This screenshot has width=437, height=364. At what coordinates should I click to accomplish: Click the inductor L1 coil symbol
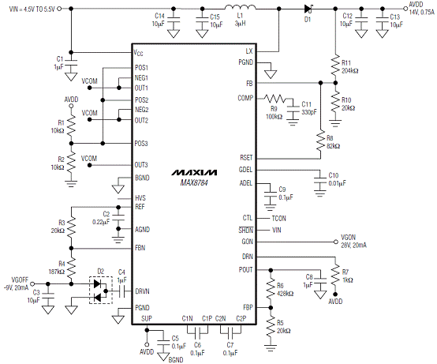[240, 7]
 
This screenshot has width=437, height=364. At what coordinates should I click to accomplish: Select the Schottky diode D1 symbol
[308, 9]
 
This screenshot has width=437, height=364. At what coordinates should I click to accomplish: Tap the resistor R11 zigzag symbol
[335, 66]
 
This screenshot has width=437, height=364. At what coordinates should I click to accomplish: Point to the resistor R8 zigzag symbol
[321, 141]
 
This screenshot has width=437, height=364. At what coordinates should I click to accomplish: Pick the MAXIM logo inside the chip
[194, 173]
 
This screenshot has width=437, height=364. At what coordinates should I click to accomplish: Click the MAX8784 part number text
[194, 182]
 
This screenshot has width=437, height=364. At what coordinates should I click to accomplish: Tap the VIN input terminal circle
[59, 9]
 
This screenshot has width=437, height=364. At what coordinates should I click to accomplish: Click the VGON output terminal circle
[336, 242]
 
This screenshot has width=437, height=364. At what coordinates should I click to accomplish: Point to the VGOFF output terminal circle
[32, 284]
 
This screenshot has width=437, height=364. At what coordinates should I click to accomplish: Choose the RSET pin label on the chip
[246, 158]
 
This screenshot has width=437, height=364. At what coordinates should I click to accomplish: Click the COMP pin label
[245, 98]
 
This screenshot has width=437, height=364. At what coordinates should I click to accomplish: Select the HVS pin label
[140, 198]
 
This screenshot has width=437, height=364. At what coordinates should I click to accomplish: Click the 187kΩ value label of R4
[57, 272]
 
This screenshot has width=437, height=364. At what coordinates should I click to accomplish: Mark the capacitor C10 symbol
[320, 180]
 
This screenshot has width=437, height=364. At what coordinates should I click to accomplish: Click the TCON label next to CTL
[278, 219]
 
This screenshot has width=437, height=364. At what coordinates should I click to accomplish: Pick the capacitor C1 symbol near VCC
[71, 62]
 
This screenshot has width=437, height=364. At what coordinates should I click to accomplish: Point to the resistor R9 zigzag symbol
[275, 98]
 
